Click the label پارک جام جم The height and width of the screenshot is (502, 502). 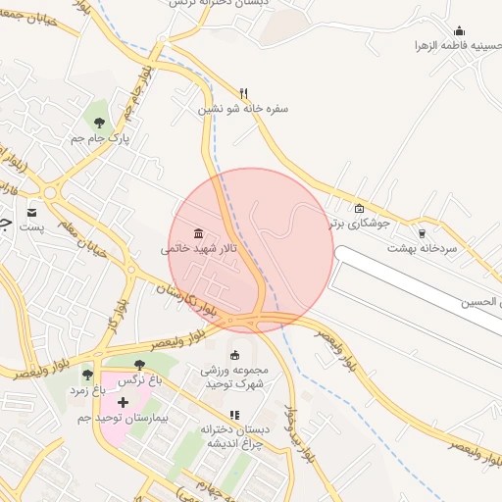[x=100, y=140]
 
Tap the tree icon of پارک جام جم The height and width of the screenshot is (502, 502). [x=99, y=122]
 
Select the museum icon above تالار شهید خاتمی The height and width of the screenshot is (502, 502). [x=199, y=232]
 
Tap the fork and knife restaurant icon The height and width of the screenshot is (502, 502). [x=243, y=93]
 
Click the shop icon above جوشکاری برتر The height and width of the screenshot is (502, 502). [x=359, y=208]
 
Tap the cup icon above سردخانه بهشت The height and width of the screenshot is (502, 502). [x=423, y=233]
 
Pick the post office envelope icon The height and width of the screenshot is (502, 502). [x=32, y=212]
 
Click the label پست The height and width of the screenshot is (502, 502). [x=32, y=227]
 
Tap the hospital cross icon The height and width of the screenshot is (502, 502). [x=123, y=402]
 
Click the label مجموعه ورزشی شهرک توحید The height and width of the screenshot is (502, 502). [x=233, y=377]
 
